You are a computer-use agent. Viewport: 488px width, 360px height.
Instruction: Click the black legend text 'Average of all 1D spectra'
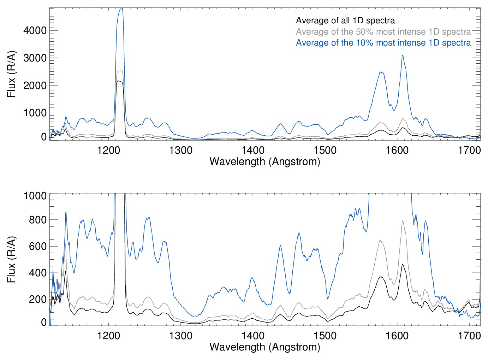click(345, 20)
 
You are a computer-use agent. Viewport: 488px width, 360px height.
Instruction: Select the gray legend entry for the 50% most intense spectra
click(383, 32)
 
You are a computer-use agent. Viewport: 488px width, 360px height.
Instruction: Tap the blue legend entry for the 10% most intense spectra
click(383, 43)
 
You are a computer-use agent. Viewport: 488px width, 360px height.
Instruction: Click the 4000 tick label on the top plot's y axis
click(35, 31)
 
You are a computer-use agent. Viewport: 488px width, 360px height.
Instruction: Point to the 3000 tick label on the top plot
click(35, 58)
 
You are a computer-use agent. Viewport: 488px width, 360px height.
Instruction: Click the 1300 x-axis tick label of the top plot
click(181, 151)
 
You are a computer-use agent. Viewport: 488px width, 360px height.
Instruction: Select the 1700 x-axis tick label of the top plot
click(469, 151)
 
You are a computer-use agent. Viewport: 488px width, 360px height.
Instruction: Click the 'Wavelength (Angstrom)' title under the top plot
click(265, 161)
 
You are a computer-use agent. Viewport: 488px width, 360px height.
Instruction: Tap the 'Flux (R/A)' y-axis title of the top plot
click(11, 74)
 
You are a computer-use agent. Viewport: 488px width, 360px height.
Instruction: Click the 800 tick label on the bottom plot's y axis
click(38, 220)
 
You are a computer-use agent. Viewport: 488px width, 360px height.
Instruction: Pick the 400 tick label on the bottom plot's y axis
click(38, 273)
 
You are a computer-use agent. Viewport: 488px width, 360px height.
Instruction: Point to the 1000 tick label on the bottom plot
click(35, 196)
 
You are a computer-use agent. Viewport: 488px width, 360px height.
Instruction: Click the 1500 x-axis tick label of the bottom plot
click(325, 336)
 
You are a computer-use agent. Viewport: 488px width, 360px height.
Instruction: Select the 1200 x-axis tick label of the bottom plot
click(109, 336)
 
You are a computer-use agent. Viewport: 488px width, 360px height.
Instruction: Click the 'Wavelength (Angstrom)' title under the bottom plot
click(265, 347)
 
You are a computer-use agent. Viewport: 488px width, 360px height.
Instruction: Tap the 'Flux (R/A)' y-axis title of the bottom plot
click(11, 259)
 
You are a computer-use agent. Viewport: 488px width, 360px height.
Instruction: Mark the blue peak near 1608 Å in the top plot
click(402, 55)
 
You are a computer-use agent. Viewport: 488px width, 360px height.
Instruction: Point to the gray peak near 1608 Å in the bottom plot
click(402, 221)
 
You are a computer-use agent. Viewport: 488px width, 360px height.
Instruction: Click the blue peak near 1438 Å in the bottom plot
click(280, 245)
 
